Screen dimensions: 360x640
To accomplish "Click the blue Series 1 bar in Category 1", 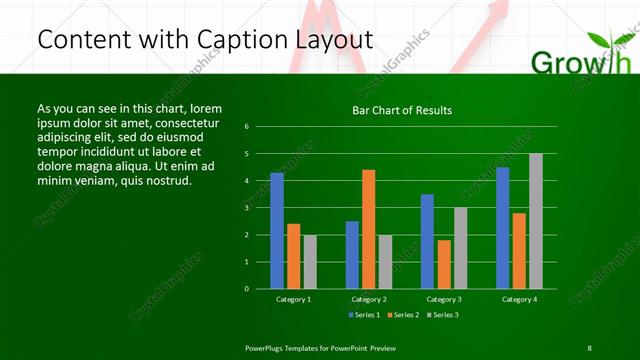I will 277,230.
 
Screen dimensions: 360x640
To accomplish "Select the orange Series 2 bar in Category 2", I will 369,229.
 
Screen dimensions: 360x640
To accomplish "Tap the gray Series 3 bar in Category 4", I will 536,220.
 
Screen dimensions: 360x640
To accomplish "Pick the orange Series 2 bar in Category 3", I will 444,264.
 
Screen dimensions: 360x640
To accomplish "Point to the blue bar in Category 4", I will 503,227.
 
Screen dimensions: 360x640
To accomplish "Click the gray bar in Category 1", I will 310,261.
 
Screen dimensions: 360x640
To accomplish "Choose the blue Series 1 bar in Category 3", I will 427,241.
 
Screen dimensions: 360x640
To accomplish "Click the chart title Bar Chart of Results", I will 403,110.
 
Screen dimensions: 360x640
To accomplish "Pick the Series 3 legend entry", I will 442,315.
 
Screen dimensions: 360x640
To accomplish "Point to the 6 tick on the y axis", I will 260,127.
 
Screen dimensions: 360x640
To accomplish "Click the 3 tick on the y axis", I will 260,208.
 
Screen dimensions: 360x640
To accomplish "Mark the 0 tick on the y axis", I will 260,288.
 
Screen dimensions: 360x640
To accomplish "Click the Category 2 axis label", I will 369,299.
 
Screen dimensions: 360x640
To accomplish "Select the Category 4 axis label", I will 519,299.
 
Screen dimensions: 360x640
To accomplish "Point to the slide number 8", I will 589,347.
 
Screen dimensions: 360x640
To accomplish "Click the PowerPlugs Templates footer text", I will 320,347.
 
